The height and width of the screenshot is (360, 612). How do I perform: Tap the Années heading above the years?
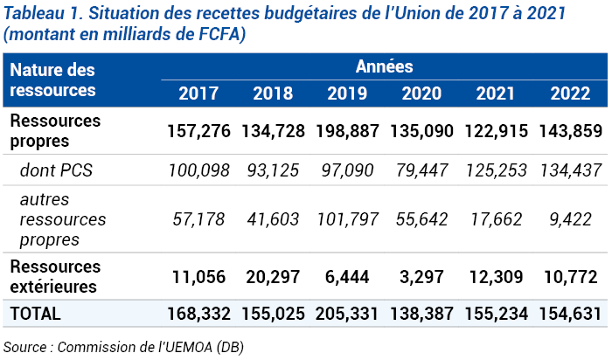click(384, 66)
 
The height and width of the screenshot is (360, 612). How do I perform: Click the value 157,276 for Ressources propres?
click(199, 131)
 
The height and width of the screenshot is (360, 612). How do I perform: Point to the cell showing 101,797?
click(348, 218)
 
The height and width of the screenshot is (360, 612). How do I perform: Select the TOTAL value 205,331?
click(348, 313)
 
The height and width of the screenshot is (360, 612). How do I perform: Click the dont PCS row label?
click(56, 170)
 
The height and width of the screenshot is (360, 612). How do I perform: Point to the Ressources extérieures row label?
click(54, 275)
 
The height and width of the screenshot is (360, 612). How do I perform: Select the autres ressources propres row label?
click(61, 218)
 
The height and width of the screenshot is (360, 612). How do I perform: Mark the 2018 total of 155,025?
click(274, 313)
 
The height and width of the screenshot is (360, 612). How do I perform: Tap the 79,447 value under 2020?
click(422, 170)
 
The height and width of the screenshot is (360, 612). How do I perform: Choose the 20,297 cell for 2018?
click(274, 277)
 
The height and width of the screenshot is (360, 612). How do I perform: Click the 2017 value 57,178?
click(199, 218)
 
